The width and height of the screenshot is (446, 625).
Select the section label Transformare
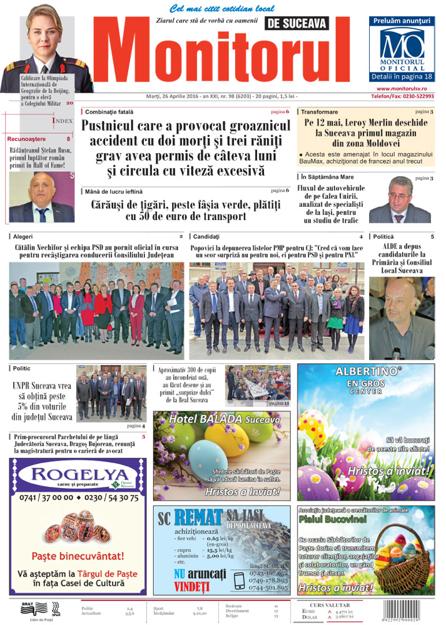[319, 112]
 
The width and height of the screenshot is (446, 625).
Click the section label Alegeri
[23, 237]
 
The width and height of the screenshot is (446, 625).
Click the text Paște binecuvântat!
[78, 555]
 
